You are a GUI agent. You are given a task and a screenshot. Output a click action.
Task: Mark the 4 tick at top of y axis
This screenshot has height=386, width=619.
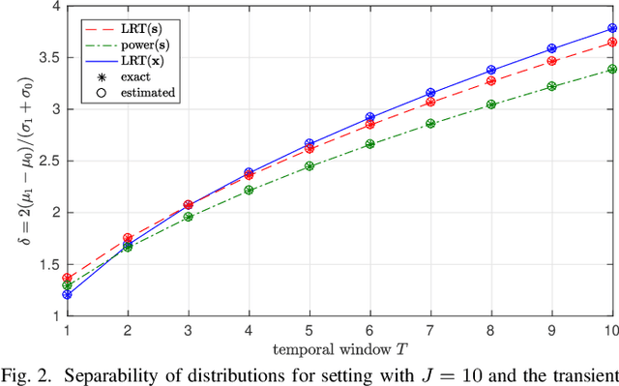[x=49, y=7]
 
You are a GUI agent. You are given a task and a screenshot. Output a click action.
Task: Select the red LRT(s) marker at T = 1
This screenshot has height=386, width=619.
[x=67, y=278]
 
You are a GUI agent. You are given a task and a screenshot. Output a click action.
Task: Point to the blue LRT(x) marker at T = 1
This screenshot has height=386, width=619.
[x=67, y=294]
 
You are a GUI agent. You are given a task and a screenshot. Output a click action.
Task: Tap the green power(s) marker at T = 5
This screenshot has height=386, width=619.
[x=309, y=165]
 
